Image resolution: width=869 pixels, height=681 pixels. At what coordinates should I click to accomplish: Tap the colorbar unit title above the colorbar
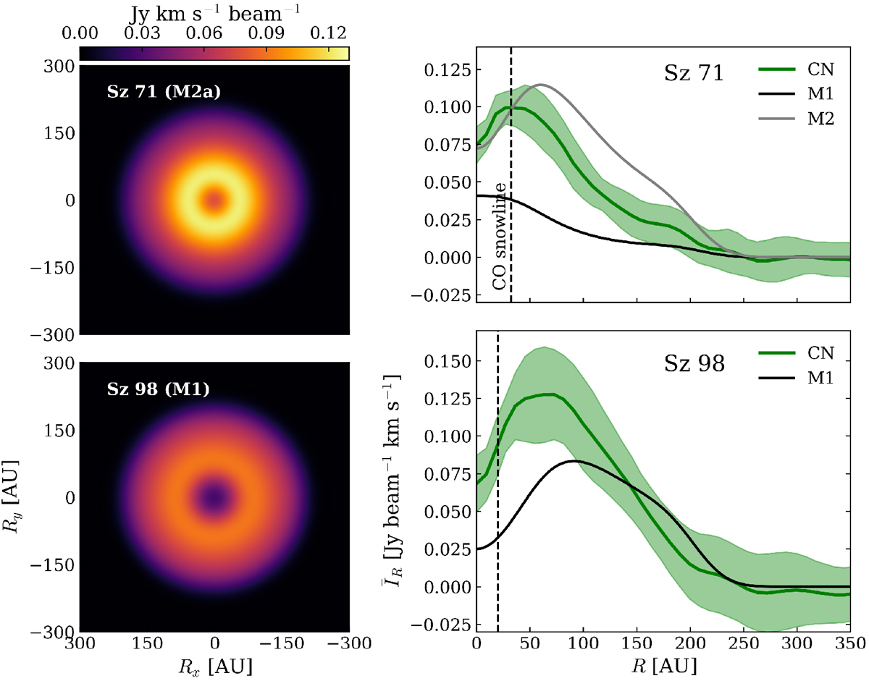215,12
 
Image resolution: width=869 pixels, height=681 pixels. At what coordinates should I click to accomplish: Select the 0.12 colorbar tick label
329,34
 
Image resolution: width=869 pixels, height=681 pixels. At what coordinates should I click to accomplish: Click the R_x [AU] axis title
215,664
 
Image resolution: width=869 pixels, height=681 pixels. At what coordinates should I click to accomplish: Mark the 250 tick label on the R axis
744,644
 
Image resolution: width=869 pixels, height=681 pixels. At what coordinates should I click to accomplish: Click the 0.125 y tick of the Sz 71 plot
450,70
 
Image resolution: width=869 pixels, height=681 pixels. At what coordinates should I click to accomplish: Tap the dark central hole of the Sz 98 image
215,497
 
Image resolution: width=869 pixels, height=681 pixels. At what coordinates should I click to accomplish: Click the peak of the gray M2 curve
540,85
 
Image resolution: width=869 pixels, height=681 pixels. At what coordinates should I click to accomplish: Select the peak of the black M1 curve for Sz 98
574,461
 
